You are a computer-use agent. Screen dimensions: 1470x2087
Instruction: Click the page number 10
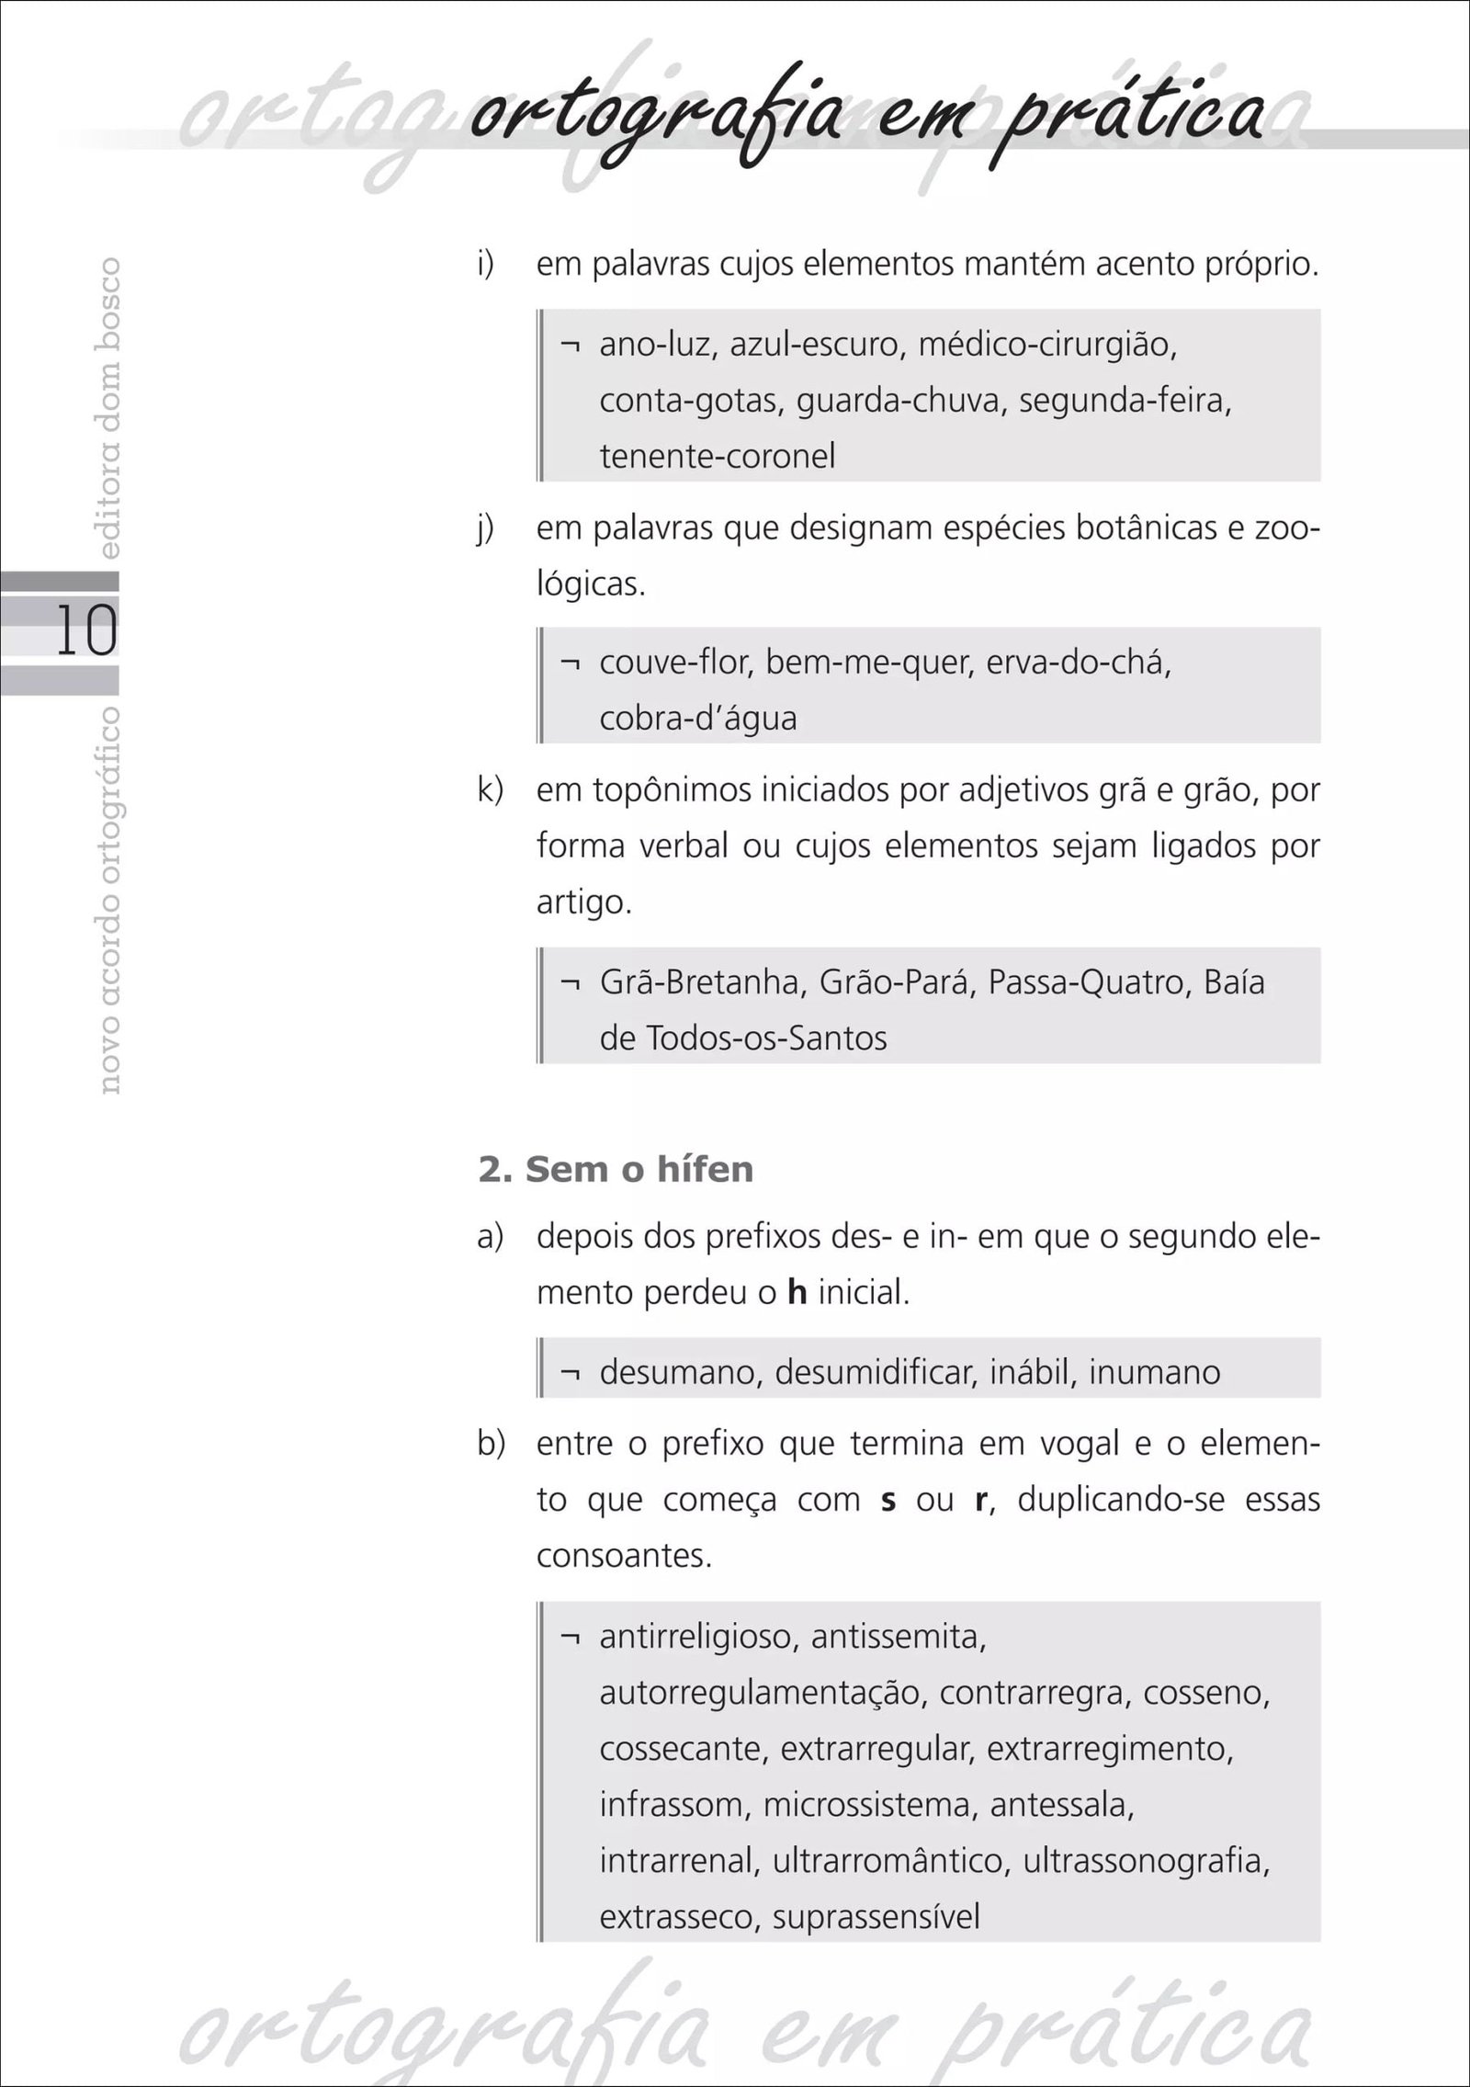click(x=86, y=630)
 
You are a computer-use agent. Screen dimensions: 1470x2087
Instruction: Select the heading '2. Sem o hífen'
click(x=616, y=1170)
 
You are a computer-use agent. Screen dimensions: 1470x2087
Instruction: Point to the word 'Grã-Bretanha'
click(x=702, y=982)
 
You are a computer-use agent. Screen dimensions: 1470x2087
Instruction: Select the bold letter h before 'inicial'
click(x=797, y=1293)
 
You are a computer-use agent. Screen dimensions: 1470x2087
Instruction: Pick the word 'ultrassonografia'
click(x=1146, y=1860)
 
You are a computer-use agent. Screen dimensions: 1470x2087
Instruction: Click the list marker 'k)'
click(x=491, y=790)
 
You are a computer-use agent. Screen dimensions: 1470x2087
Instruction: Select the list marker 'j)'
click(x=486, y=529)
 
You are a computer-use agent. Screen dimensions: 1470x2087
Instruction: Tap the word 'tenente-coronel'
click(x=718, y=456)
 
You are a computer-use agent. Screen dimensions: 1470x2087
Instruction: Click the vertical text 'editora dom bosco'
click(x=109, y=408)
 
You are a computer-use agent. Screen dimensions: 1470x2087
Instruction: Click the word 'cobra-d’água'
click(x=697, y=717)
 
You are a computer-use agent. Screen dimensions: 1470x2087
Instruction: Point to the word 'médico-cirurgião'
click(x=1047, y=346)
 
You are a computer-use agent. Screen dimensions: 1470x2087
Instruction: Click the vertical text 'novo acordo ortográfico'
click(x=109, y=900)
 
